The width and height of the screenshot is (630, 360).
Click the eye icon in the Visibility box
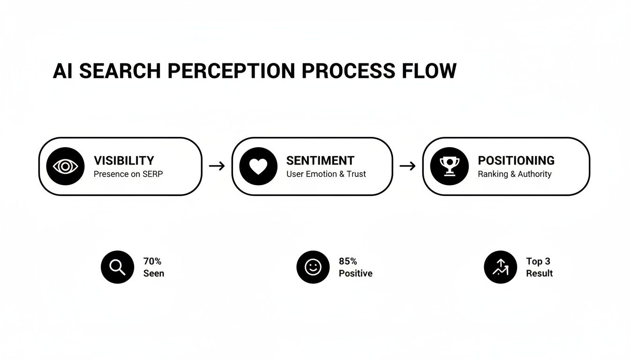(x=66, y=166)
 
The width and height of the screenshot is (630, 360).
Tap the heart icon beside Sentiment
(x=258, y=166)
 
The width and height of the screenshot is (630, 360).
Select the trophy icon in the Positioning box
(x=449, y=166)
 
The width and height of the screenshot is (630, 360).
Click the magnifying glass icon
(x=117, y=267)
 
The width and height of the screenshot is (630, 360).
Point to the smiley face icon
(x=313, y=267)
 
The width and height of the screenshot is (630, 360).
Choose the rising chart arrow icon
(x=500, y=267)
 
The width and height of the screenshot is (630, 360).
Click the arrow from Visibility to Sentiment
(x=217, y=166)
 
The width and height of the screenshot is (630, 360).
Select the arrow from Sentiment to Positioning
(x=407, y=166)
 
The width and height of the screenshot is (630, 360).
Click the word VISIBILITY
(x=124, y=160)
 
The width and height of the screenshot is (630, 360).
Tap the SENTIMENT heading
(x=320, y=160)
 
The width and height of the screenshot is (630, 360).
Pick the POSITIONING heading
(x=516, y=160)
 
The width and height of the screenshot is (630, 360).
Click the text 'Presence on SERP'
(x=128, y=174)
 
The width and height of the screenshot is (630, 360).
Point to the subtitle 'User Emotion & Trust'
(x=326, y=174)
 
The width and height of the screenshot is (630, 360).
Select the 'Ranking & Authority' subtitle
(x=514, y=174)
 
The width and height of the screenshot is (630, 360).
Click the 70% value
(x=152, y=262)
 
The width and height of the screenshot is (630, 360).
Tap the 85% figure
(x=348, y=262)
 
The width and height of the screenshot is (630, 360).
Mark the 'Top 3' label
(x=538, y=262)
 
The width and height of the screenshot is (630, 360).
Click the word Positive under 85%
(x=355, y=273)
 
